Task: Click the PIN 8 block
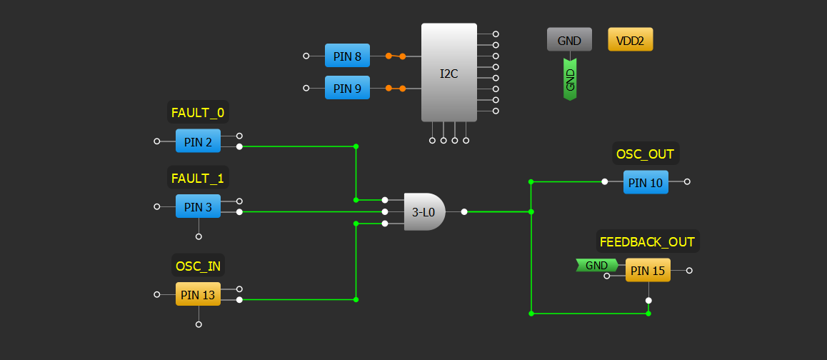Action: click(347, 56)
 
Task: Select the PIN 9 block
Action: click(347, 89)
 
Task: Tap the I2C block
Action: click(448, 73)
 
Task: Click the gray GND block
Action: click(569, 40)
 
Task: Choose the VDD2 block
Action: click(630, 40)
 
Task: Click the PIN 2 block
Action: click(198, 141)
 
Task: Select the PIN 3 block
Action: click(198, 207)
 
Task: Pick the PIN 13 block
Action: click(198, 294)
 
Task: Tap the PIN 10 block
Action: click(646, 182)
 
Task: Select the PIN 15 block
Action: click(648, 271)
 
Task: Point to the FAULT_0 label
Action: click(198, 112)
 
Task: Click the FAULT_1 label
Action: click(198, 178)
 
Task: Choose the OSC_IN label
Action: click(198, 266)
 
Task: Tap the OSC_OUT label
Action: click(645, 153)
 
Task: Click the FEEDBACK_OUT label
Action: click(647, 241)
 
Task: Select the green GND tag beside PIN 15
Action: click(596, 266)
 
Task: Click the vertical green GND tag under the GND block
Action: click(570, 79)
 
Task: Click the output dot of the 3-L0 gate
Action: click(464, 211)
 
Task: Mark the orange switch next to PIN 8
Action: click(395, 56)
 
